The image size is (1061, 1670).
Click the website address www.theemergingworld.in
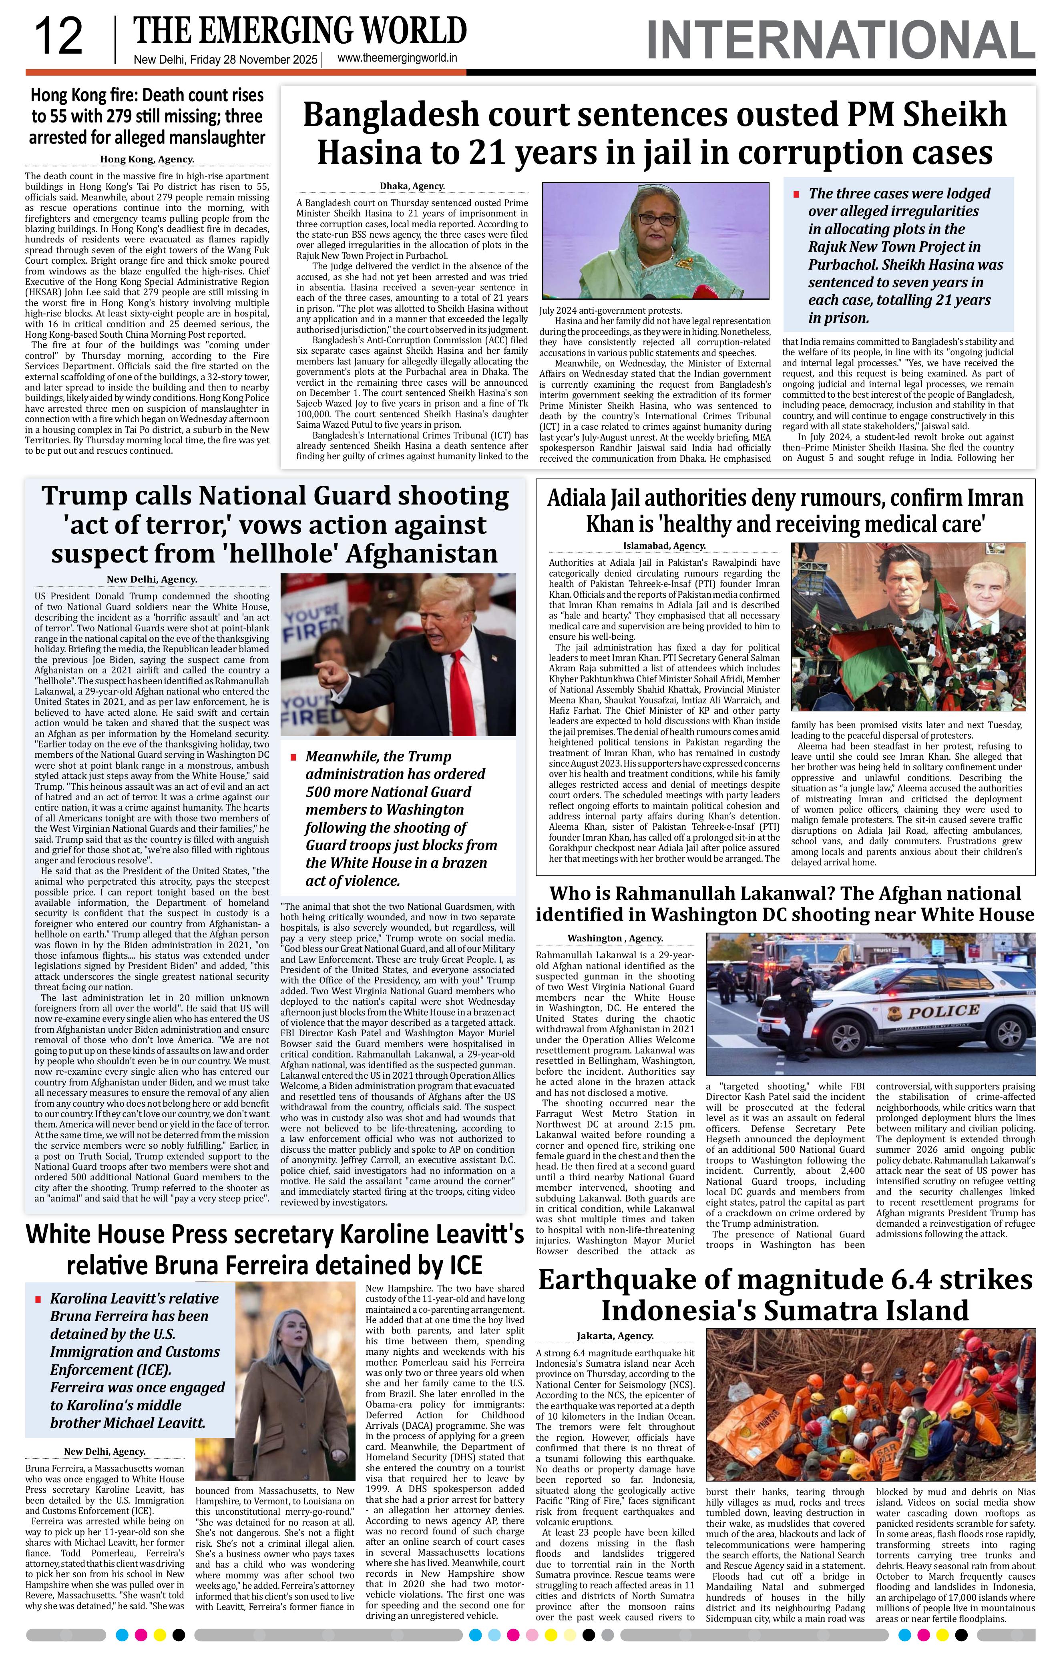click(x=397, y=58)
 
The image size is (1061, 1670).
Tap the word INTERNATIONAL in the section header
click(x=840, y=40)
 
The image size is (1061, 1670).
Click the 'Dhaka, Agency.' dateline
click(x=412, y=186)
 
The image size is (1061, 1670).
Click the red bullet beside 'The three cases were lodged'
click(x=797, y=194)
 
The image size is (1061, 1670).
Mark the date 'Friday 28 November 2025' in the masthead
click(x=253, y=60)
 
